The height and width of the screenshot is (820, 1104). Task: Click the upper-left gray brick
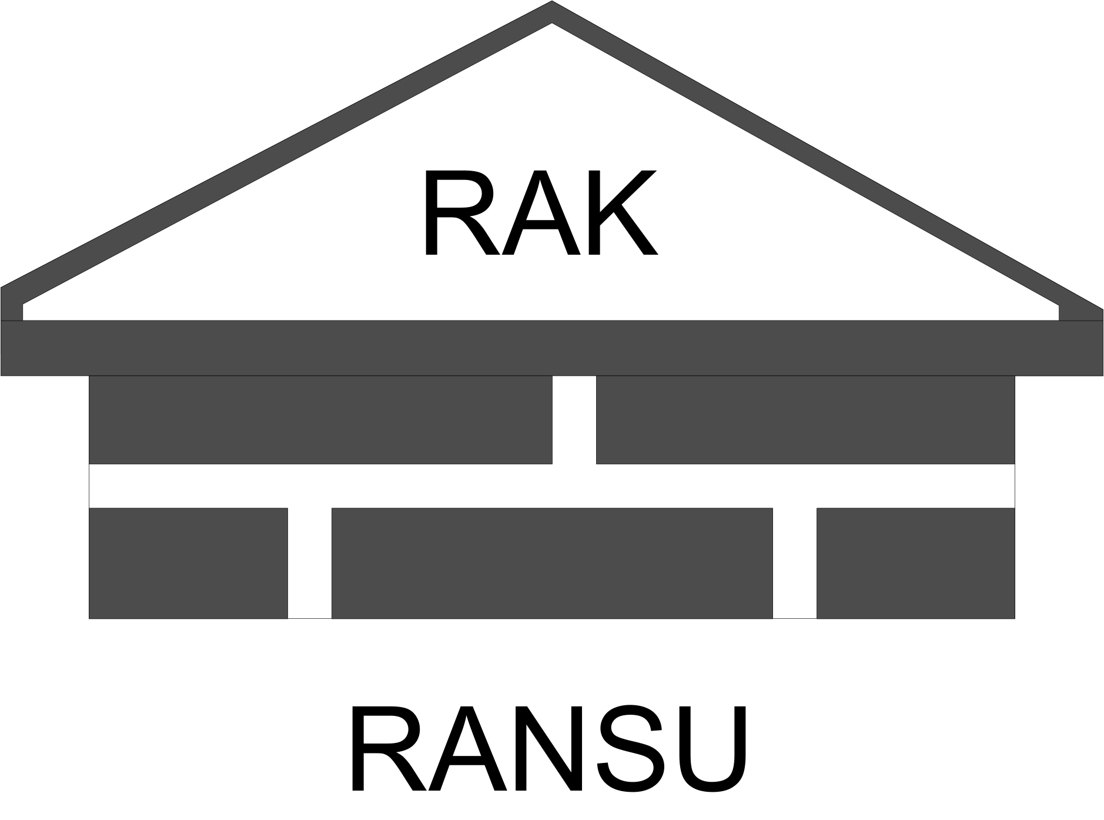[x=320, y=419]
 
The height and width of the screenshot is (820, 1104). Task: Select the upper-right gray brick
[x=805, y=419]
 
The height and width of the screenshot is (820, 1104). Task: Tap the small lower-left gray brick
[x=188, y=563]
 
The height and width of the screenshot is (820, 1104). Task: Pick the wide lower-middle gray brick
[x=552, y=563]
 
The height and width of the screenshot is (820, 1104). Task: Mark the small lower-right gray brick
[x=915, y=563]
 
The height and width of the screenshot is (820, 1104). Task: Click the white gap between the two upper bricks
[x=574, y=419]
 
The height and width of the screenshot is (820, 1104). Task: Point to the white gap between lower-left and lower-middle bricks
[x=310, y=563]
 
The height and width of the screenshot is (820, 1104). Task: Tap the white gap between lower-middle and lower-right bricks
[x=794, y=563]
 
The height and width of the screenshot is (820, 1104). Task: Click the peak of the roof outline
[x=552, y=12]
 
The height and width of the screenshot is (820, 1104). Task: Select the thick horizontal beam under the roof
[x=552, y=348]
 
